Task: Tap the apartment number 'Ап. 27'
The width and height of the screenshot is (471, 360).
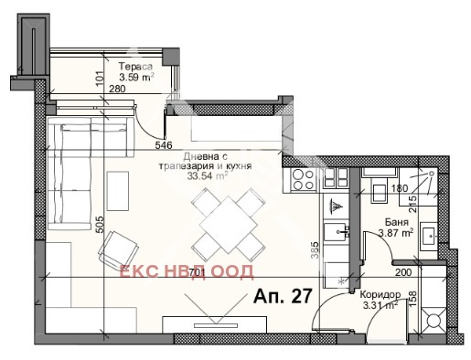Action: click(x=280, y=296)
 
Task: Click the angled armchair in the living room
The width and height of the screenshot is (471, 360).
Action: click(x=119, y=249)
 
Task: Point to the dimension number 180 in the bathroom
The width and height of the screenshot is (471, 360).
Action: click(x=399, y=190)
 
